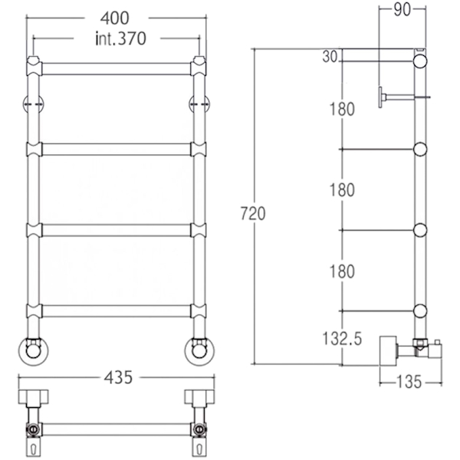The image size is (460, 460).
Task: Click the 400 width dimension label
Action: (x=114, y=18)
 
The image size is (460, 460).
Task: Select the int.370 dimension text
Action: (x=120, y=38)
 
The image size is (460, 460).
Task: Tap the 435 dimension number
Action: (x=118, y=377)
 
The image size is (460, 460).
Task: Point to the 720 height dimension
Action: (x=253, y=213)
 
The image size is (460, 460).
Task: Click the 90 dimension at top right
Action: (x=402, y=10)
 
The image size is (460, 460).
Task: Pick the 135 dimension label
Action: (x=409, y=382)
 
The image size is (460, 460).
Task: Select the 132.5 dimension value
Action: (x=342, y=339)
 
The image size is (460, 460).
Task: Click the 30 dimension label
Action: (x=330, y=56)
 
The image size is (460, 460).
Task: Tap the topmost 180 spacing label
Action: (x=342, y=109)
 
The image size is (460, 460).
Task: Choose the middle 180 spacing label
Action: (x=342, y=190)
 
